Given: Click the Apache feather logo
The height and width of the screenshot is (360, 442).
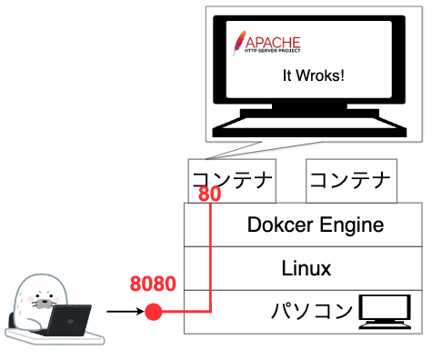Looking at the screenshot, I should tap(239, 42).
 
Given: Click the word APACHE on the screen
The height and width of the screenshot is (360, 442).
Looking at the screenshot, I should tap(273, 40).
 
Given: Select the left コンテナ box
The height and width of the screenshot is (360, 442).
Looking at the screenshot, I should tap(231, 179).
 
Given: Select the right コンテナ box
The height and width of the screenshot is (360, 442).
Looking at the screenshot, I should tap(350, 179).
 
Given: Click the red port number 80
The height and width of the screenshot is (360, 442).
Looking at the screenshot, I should tap(209, 195).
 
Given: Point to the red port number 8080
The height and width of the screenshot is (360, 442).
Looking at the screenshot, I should tap(153, 283).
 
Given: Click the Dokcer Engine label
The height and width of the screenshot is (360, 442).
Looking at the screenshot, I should tap(315, 225).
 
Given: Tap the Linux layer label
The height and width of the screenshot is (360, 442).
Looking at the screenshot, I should tap(306, 268).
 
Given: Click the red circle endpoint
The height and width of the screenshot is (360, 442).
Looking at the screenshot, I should tap(154, 313).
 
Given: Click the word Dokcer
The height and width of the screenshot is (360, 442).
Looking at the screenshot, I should tap(278, 225).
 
